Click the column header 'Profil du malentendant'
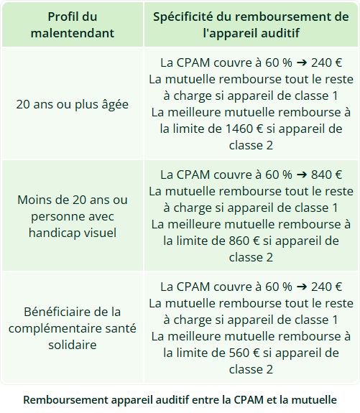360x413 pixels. tap(72, 24)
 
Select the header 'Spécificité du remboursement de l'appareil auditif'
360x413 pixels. tap(251, 24)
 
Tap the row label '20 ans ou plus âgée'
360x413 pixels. tap(72, 103)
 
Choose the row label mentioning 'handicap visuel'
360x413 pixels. tap(72, 215)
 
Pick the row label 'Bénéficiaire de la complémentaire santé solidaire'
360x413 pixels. tap(72, 328)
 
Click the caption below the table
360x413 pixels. tap(180, 399)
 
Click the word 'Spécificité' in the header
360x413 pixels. tap(188, 16)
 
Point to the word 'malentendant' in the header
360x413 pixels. tap(72, 33)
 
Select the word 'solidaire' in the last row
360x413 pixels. tap(72, 345)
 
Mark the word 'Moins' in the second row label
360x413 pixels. tap(32, 199)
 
